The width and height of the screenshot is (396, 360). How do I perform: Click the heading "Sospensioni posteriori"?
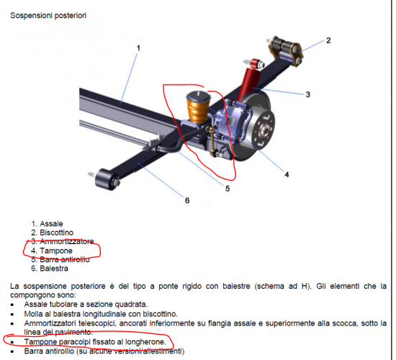tap(48, 14)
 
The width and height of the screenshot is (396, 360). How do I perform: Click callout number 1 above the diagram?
tap(138, 48)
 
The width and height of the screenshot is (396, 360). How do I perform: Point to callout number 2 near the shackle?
tap(328, 40)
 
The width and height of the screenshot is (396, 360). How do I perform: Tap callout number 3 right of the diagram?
tap(307, 94)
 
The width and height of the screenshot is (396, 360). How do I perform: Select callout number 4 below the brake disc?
tap(286, 174)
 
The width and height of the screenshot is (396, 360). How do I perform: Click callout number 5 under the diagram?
tap(227, 189)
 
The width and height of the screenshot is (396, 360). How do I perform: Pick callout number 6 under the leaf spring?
tap(187, 200)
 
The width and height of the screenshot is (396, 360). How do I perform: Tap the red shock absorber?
tap(252, 76)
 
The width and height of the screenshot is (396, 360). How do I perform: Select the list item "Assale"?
tap(51, 224)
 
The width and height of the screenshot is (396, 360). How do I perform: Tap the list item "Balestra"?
tap(55, 269)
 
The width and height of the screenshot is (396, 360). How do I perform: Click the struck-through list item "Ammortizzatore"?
tap(67, 242)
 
